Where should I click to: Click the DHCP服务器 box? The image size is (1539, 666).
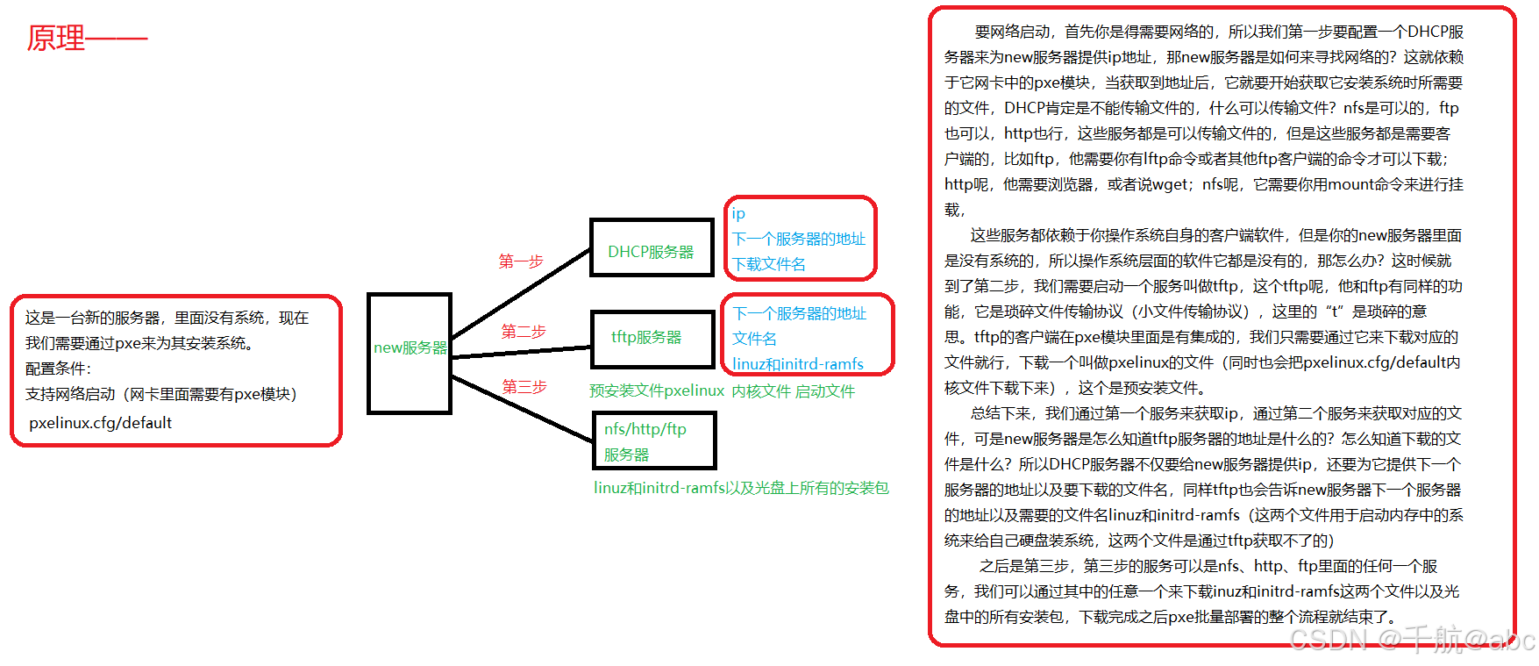(x=652, y=248)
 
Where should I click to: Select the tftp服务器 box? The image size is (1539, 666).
(x=652, y=339)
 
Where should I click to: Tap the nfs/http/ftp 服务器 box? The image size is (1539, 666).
(x=653, y=441)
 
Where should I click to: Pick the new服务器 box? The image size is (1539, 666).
(x=410, y=353)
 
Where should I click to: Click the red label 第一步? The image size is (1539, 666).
(x=521, y=261)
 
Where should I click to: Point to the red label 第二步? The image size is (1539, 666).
(x=524, y=332)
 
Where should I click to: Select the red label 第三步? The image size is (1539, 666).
(x=524, y=387)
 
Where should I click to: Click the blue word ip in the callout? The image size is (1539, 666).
(x=738, y=214)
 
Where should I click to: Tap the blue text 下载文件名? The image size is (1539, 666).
(x=769, y=264)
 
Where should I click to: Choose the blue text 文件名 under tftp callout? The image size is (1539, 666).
(x=754, y=339)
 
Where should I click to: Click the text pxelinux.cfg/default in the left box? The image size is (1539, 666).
(x=100, y=423)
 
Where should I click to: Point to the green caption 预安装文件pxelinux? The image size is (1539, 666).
(x=657, y=391)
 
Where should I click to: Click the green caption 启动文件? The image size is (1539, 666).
(x=825, y=391)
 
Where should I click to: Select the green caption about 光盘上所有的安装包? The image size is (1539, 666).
(x=741, y=488)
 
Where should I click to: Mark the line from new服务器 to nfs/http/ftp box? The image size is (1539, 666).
(x=523, y=409)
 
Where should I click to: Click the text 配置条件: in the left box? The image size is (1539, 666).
(x=58, y=369)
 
